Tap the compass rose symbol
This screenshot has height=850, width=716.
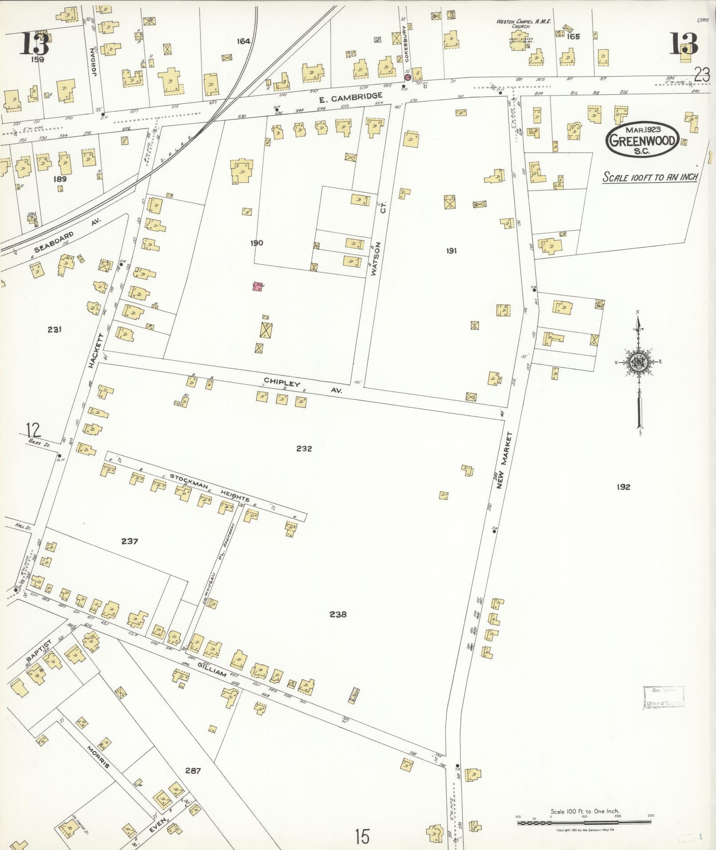tap(638, 362)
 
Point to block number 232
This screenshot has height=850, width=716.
tap(304, 448)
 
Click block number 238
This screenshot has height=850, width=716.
tap(338, 615)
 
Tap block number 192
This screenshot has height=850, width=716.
tap(623, 487)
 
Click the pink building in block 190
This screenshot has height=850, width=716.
tap(257, 287)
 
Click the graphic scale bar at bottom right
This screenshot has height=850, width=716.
tap(584, 823)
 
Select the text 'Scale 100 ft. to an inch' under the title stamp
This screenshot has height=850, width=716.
tap(650, 177)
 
